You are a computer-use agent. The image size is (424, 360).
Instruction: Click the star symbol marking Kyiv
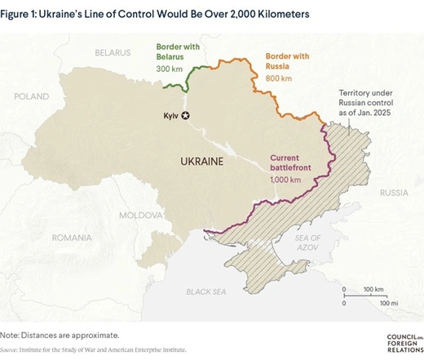pyautogui.click(x=186, y=116)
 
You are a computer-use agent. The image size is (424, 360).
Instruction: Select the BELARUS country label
pyautogui.click(x=111, y=52)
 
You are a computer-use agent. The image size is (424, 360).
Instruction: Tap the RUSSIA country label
pyautogui.click(x=394, y=193)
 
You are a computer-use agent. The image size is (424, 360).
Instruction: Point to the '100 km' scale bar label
pyautogui.click(x=374, y=290)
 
